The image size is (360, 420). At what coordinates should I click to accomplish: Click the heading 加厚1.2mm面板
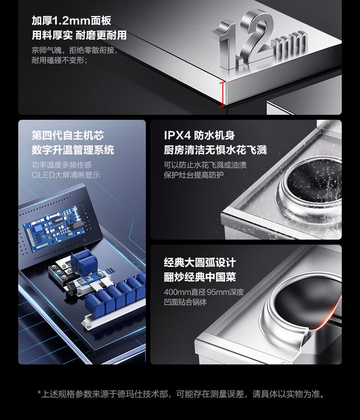tap(71, 20)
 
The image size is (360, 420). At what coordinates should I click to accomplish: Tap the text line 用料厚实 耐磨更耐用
tap(79, 35)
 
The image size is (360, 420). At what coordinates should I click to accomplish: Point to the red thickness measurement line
tap(222, 95)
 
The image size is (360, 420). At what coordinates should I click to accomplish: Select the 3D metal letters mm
tap(289, 44)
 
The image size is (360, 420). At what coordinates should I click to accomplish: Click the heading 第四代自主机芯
tap(68, 135)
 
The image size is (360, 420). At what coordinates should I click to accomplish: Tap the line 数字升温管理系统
tap(73, 150)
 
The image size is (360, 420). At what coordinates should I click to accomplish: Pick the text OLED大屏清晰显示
tap(66, 175)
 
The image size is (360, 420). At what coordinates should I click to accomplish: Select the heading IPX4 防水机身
tap(199, 135)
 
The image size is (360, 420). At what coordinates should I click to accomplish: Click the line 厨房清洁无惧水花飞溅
tap(216, 150)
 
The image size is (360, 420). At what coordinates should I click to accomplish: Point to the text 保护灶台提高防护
tap(194, 175)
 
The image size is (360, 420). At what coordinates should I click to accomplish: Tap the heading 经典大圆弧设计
tap(200, 262)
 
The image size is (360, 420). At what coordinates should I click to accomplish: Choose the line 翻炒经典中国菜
tap(200, 277)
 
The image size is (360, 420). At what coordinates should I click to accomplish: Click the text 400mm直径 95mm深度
tap(204, 292)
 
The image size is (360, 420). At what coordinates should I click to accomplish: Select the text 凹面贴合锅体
tap(185, 302)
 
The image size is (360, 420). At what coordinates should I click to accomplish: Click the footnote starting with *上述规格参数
tap(181, 394)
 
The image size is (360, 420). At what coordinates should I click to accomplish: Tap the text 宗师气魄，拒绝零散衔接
tap(74, 50)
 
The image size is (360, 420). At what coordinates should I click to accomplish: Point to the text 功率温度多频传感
tap(62, 165)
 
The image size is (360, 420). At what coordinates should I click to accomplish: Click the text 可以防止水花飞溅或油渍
tap(205, 165)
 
